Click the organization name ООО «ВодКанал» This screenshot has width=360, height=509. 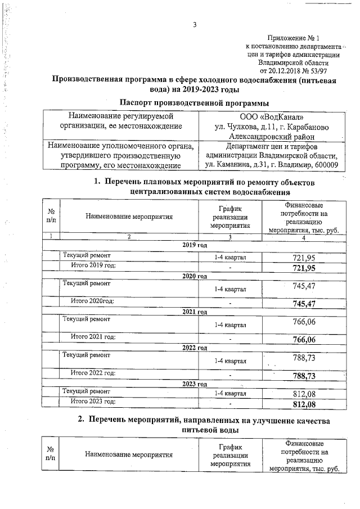point(272,116)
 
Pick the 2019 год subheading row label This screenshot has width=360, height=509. point(195,245)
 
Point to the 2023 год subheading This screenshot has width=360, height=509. point(195,384)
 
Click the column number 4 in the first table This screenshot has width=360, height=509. point(304,237)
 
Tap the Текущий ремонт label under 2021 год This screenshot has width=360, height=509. point(87,319)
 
